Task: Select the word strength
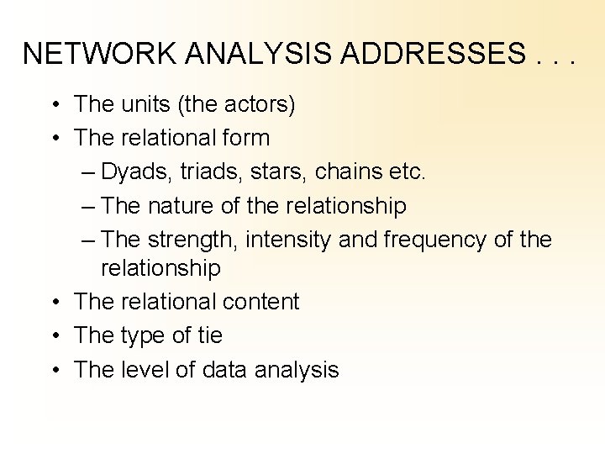[193, 240]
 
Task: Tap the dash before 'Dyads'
[90, 172]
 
